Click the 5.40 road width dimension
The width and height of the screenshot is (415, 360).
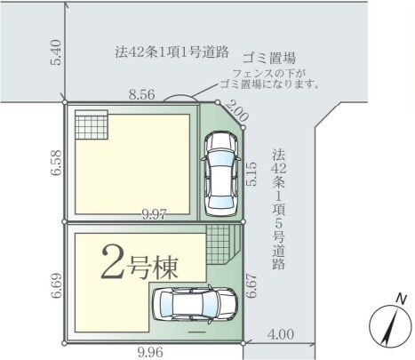coord(56,52)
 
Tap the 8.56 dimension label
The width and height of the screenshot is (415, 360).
coord(141,95)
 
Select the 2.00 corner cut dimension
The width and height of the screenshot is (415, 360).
coord(236,112)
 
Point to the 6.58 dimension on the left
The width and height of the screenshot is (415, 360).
coord(56,164)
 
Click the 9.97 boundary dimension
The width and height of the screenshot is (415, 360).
coord(155,214)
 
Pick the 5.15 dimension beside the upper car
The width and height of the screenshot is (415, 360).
coord(252,173)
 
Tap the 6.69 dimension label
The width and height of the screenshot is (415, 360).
coord(56,285)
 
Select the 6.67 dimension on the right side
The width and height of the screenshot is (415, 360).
coord(252,285)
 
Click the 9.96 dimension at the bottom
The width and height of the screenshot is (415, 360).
coord(150,352)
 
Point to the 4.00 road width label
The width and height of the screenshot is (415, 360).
coord(281,334)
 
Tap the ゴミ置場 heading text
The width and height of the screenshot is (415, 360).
coord(269,58)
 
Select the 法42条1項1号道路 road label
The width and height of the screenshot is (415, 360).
coord(172,52)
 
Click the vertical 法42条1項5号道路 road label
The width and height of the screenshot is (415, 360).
coord(279,209)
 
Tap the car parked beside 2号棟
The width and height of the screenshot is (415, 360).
coord(195,305)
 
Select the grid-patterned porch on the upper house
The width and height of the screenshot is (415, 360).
coord(92,124)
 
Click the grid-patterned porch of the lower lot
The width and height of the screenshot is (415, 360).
coord(218,244)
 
